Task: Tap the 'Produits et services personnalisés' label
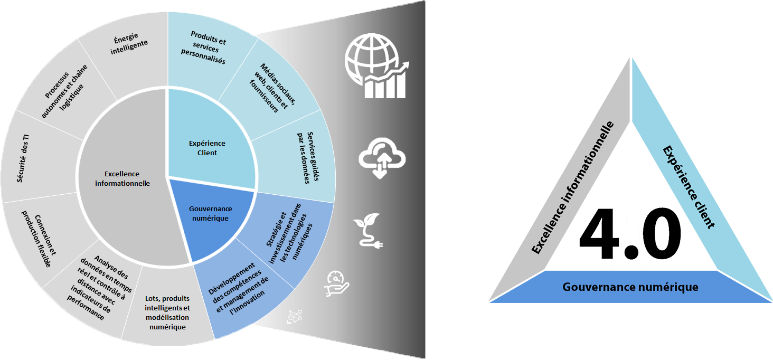coord(207,47)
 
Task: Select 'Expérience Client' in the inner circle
coord(207,148)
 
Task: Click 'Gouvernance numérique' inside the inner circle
coord(210,213)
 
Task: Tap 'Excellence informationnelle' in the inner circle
coord(122,178)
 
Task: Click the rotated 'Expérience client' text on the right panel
coord(689,187)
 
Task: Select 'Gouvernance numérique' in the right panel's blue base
coord(630,287)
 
